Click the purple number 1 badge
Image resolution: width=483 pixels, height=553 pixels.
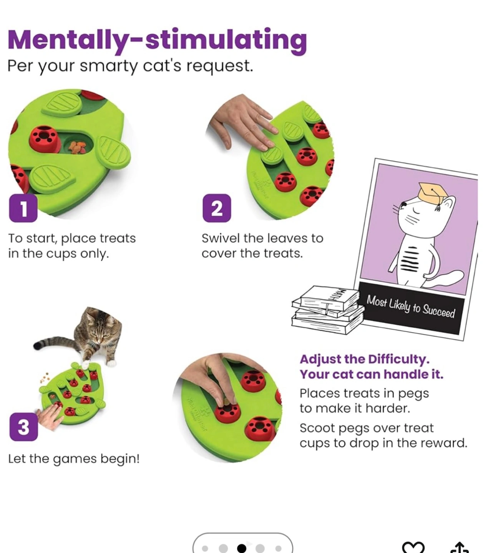pyautogui.click(x=23, y=208)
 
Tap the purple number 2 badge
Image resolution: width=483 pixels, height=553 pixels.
pyautogui.click(x=217, y=208)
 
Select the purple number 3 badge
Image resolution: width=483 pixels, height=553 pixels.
pyautogui.click(x=23, y=427)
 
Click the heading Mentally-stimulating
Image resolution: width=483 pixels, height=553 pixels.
pyautogui.click(x=157, y=41)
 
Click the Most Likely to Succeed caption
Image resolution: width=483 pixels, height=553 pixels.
pyautogui.click(x=410, y=307)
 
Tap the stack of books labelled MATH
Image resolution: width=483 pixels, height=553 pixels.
pyautogui.click(x=328, y=310)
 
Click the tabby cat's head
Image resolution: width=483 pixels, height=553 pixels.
pyautogui.click(x=101, y=331)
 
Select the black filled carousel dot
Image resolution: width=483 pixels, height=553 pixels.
pyautogui.click(x=241, y=548)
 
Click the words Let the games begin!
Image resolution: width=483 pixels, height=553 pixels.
pyautogui.click(x=74, y=459)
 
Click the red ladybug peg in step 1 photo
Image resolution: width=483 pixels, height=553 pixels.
pyautogui.click(x=44, y=138)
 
